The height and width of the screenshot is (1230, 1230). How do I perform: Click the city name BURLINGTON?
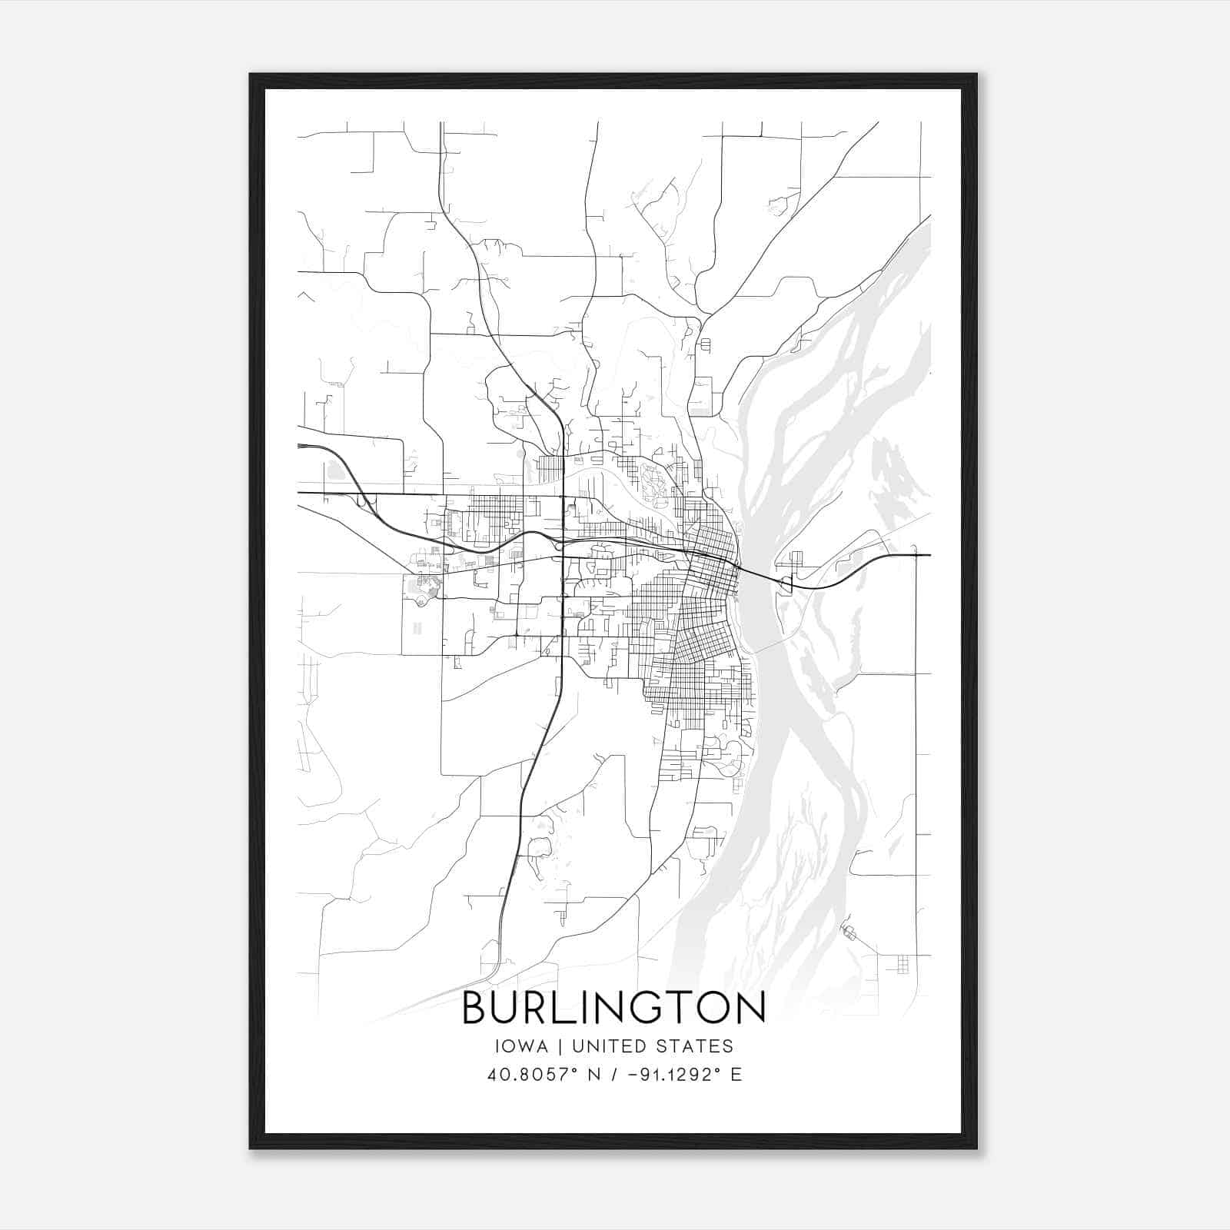pos(613,1008)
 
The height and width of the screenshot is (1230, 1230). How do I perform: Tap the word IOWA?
pos(517,1046)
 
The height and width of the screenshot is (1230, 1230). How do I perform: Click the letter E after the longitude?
pos(736,1075)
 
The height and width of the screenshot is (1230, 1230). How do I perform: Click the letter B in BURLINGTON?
pos(477,1008)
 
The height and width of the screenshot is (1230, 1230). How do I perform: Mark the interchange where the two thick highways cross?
pos(563,543)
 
